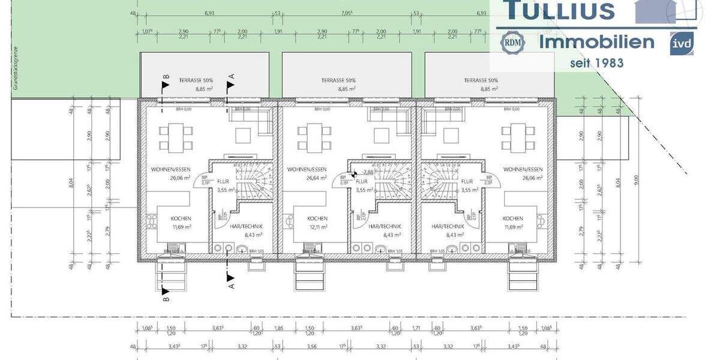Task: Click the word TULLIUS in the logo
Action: (559, 10)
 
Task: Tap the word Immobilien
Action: (596, 42)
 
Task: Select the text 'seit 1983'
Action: (596, 62)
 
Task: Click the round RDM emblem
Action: (513, 43)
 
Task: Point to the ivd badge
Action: (682, 44)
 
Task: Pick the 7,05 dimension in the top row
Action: (347, 13)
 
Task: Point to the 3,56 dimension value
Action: (311, 347)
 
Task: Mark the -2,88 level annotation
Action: (368, 172)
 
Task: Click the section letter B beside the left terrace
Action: (166, 77)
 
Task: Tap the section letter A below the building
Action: (232, 286)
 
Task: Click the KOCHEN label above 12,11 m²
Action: (317, 218)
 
